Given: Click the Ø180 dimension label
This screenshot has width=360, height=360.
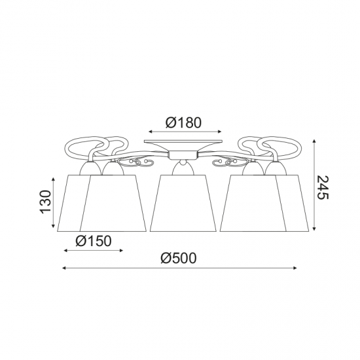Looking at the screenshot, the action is pos(183,122).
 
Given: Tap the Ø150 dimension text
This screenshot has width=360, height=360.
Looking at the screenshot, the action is pos(94,241).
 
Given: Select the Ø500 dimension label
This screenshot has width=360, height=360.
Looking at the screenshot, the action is pos(179,259).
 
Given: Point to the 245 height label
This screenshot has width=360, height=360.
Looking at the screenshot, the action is pos(323,187).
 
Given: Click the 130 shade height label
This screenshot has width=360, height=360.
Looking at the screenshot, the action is pos(45,202).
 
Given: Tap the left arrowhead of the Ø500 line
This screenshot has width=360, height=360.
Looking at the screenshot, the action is pos(64,268).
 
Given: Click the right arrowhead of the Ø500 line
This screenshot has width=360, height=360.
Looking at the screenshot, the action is pos(295,268).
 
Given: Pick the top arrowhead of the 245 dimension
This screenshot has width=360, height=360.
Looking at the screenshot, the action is pos(314,141).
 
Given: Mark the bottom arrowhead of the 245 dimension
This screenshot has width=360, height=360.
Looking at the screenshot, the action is pos(314,228).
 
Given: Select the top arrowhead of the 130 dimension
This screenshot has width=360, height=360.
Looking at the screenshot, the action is pos(54,179).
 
